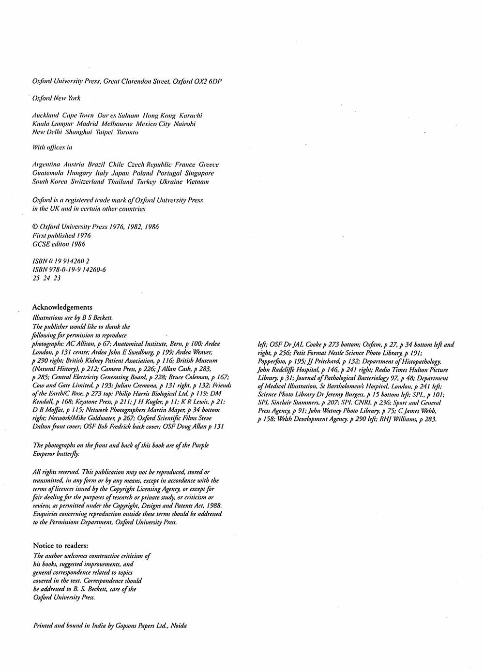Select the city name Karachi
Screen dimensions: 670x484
191,116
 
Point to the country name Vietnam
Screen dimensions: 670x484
197,182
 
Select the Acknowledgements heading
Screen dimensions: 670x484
62,307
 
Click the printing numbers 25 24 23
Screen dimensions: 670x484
46,278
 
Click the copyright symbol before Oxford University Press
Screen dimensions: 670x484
35,226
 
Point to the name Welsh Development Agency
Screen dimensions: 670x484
318,419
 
